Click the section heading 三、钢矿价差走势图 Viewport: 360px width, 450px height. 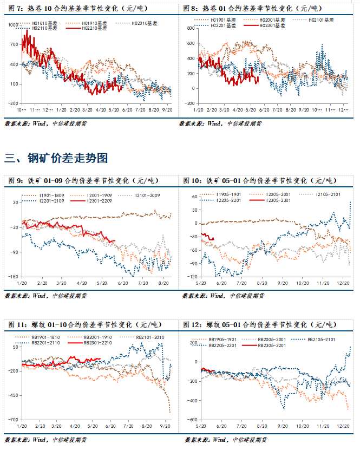click(x=56, y=158)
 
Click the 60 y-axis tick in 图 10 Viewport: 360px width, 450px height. click(x=192, y=197)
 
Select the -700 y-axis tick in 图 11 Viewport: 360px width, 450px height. click(x=13, y=420)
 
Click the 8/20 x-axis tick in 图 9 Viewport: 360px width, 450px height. click(x=162, y=283)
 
